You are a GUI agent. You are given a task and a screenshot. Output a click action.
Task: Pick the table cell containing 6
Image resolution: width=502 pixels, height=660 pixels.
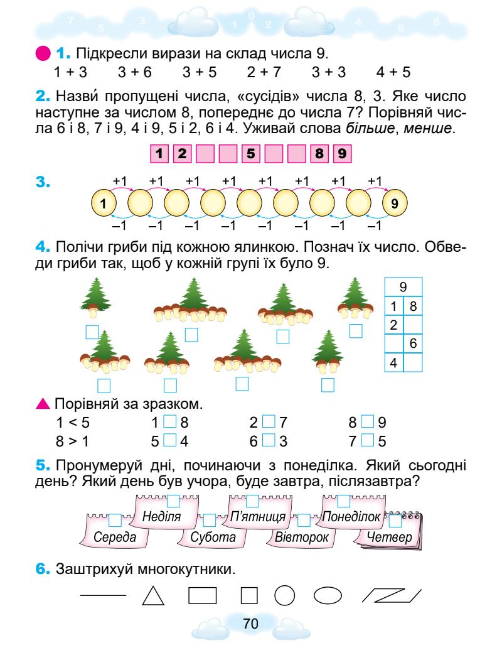(413, 344)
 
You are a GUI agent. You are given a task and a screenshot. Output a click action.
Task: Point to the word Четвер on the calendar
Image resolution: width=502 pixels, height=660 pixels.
(391, 538)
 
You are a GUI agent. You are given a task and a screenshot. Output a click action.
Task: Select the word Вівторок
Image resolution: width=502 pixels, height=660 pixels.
(302, 538)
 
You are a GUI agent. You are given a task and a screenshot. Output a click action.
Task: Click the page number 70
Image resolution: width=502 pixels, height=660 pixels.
(251, 624)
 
